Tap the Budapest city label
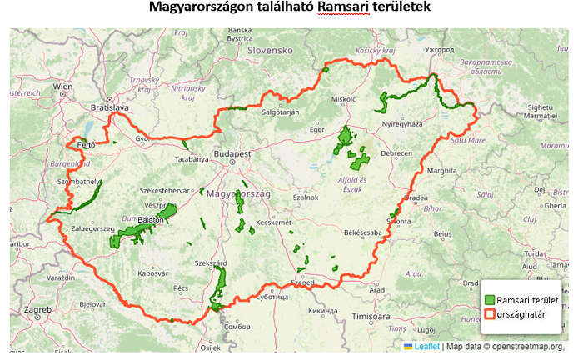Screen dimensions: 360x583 coord(233,155)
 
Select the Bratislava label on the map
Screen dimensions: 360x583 coord(110,108)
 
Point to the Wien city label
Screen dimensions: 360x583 coord(63,87)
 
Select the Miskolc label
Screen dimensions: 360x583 coord(343,99)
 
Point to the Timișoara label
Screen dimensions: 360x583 coord(371,317)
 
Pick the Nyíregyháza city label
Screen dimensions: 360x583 coord(403,124)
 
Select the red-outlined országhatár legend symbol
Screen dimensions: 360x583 coord(491,315)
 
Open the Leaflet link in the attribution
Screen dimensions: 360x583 coord(427,347)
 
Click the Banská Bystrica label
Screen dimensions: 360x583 coord(240,34)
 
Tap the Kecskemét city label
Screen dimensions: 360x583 coord(274,222)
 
